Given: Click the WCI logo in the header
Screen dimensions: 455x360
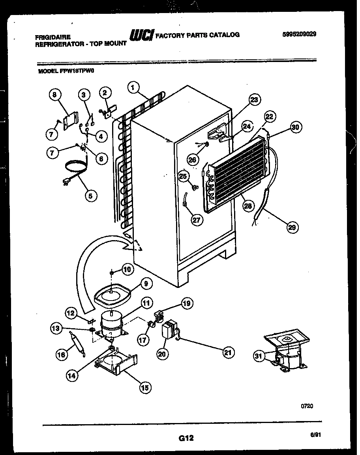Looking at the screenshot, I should tap(142, 35).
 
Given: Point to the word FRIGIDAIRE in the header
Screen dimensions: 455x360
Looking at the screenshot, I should tap(52, 37).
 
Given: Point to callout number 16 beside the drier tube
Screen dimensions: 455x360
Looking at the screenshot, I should tap(61, 355).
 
